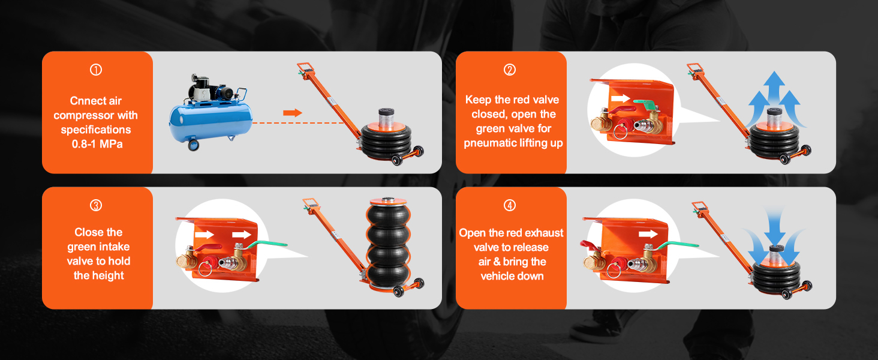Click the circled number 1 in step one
click(x=96, y=70)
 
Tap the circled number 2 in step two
click(x=510, y=70)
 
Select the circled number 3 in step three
click(x=96, y=205)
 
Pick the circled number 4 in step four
click(x=510, y=205)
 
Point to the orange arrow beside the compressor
click(x=293, y=113)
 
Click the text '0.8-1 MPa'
click(x=97, y=144)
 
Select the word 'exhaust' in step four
click(x=544, y=233)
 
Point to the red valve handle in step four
click(x=590, y=245)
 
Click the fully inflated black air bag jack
click(x=389, y=243)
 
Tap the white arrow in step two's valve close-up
click(x=620, y=98)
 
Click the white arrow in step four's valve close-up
click(x=648, y=234)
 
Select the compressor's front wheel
click(x=194, y=145)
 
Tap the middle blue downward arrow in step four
click(x=775, y=227)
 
